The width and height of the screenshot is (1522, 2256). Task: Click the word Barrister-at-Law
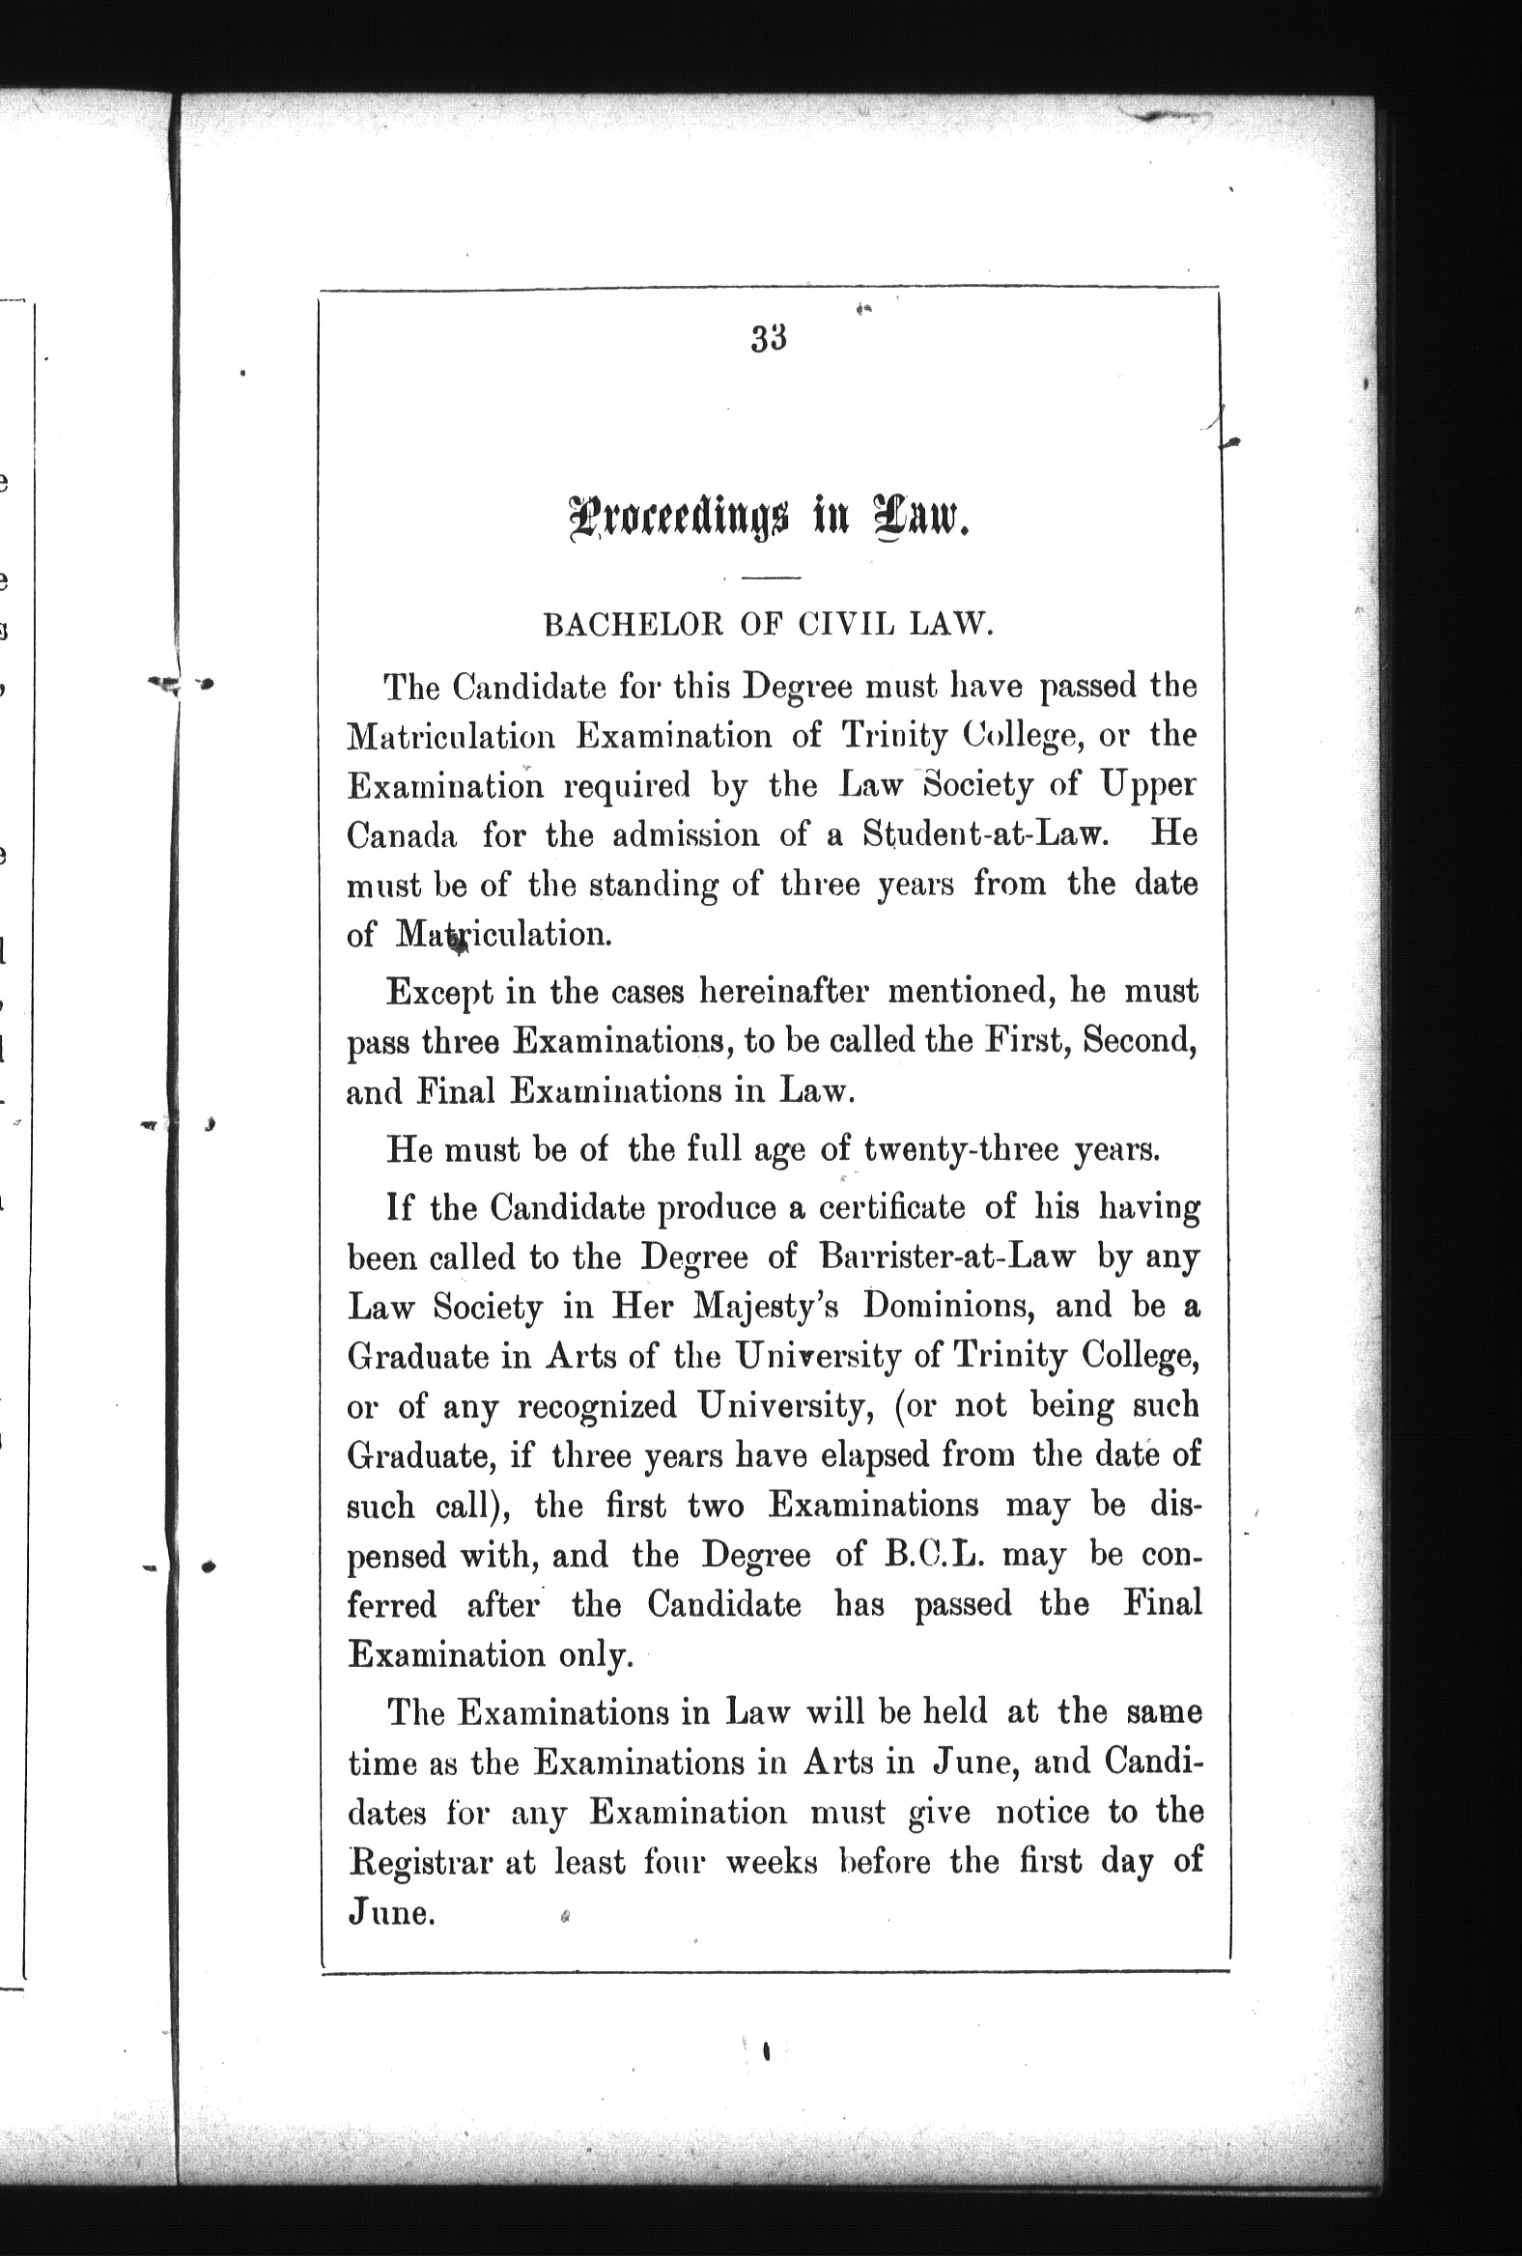point(947,1257)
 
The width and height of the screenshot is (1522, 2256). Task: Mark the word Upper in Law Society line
point(1148,785)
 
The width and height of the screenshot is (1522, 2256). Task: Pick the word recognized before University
point(596,1405)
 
